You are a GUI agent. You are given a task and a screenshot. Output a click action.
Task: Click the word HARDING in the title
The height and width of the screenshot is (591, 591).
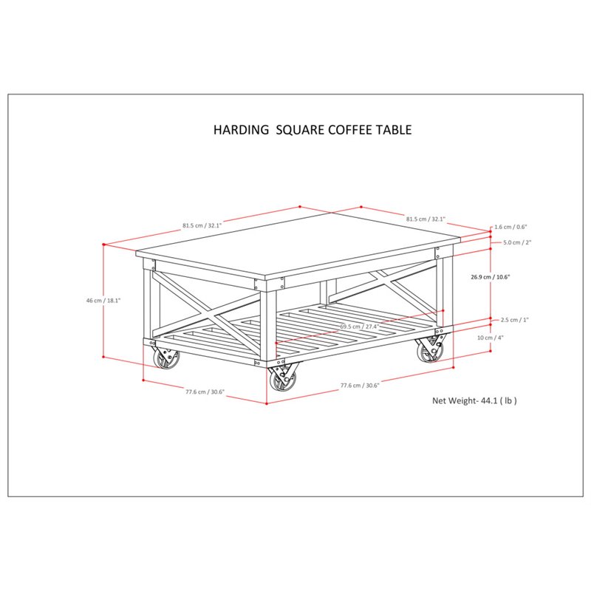pos(242,130)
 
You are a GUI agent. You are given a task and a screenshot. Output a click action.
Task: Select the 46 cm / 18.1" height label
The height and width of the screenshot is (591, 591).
pos(103,301)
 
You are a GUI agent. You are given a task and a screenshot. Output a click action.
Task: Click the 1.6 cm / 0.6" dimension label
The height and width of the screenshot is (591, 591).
pos(510,227)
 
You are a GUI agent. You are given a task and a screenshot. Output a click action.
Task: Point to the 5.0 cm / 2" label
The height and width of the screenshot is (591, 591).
pos(517,242)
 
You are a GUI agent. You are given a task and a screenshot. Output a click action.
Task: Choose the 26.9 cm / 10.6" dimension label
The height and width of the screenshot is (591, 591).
pos(491,276)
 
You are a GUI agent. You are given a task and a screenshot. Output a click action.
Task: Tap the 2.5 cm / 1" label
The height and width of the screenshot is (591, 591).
pos(515,320)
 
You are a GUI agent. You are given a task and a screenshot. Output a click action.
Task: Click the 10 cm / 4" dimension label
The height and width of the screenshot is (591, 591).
pos(491,338)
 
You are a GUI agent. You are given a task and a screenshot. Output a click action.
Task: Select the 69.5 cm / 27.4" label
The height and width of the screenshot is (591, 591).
pos(359,327)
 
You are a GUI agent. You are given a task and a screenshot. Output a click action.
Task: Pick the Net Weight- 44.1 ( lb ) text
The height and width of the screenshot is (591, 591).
pos(474,400)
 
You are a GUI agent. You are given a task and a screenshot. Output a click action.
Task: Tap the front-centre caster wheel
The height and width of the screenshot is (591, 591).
pos(283,379)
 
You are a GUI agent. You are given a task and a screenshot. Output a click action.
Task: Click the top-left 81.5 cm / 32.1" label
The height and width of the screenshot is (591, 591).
pos(202,225)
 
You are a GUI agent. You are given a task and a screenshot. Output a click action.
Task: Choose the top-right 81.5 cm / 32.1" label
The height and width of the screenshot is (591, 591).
pos(426,219)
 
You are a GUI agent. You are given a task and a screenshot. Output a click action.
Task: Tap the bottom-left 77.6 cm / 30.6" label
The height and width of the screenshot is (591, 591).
pos(205,392)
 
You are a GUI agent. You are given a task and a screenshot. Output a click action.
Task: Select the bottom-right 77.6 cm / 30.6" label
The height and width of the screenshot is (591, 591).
pos(360,385)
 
